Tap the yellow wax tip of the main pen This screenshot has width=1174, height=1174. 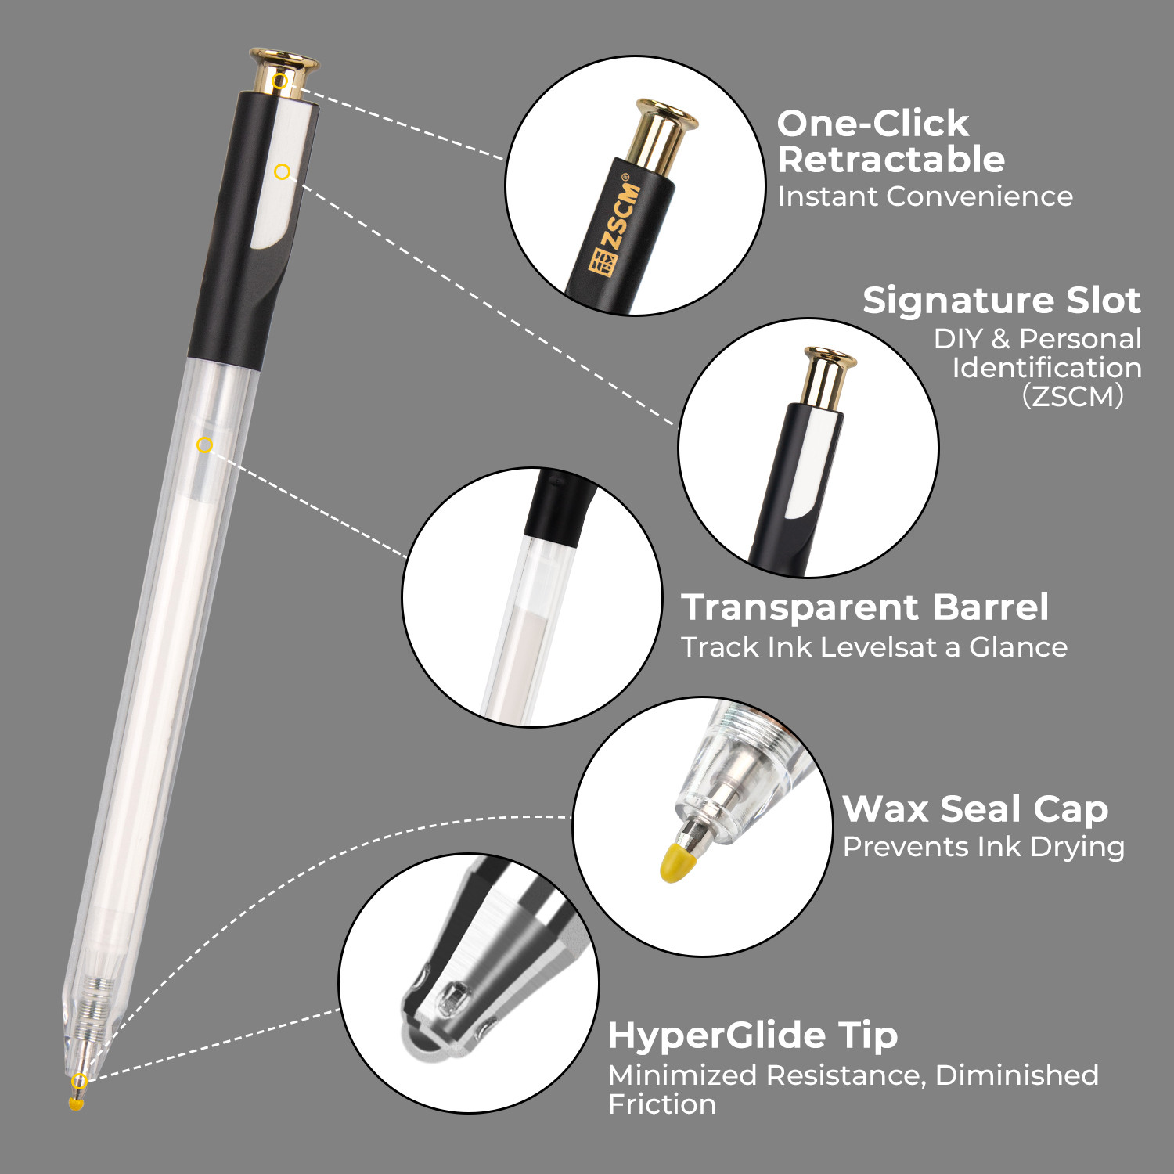[x=76, y=1103]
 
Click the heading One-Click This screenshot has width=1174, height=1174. [x=873, y=124]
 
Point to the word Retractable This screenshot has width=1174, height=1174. [x=891, y=160]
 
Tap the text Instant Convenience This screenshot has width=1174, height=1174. [x=925, y=196]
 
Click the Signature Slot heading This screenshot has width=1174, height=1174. [x=1001, y=301]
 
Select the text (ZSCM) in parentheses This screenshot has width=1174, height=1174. [x=1073, y=396]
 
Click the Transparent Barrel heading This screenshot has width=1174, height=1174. [x=865, y=607]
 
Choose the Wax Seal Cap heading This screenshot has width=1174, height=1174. [x=975, y=809]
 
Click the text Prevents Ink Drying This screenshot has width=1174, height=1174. [x=984, y=848]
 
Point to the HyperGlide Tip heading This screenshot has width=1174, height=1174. [x=753, y=1035]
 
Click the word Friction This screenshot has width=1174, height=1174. [x=662, y=1104]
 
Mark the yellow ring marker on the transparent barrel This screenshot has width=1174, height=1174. [x=204, y=445]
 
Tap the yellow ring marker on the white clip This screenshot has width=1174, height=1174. [x=283, y=171]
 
